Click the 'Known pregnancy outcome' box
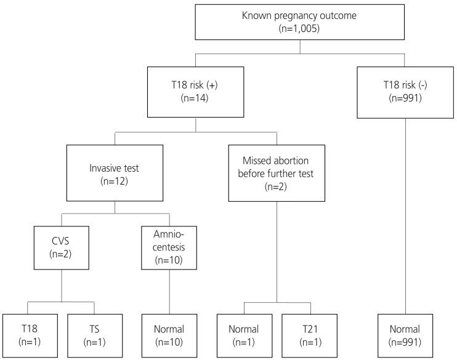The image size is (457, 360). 300,22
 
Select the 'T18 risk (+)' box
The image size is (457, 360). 196,93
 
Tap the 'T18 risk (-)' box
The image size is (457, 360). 404,93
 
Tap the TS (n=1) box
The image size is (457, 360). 94,335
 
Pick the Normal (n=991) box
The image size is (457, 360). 404,335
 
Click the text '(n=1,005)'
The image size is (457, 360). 300,29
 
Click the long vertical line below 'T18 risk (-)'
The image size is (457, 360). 404,215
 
